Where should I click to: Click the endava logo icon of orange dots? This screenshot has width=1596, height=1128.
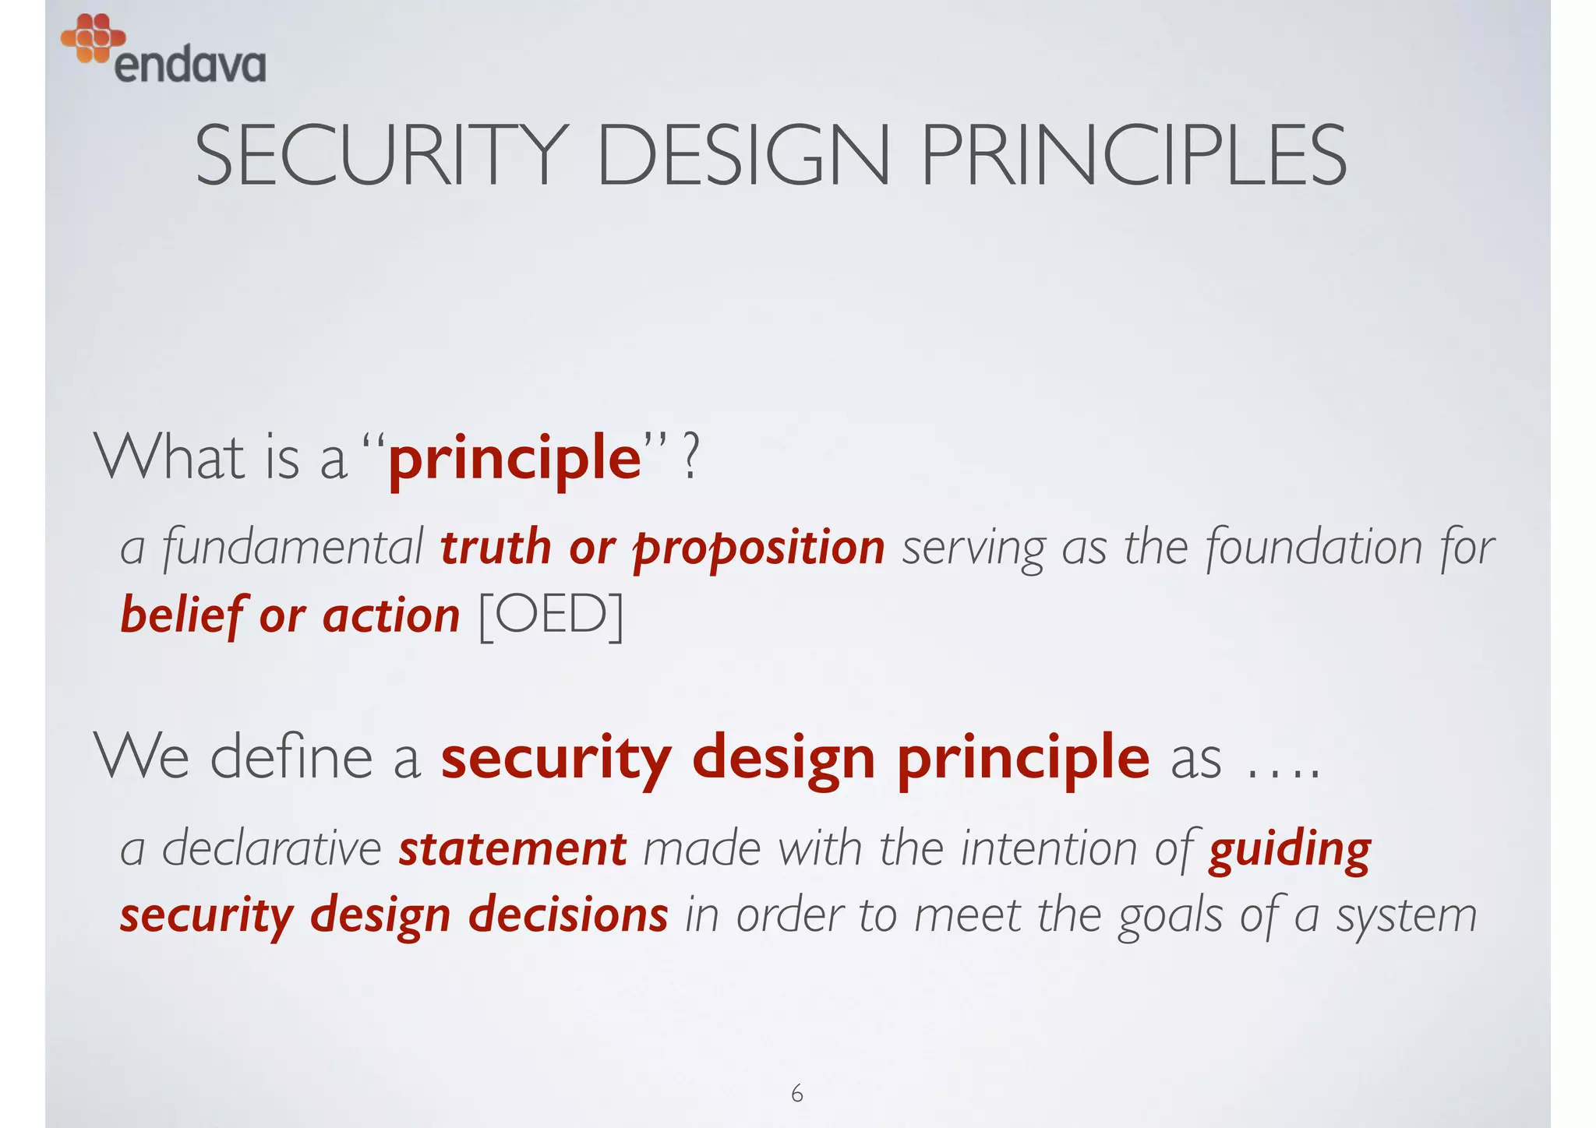[93, 37]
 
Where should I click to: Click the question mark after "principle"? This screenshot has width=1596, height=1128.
[690, 460]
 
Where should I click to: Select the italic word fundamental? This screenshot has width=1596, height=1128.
[293, 547]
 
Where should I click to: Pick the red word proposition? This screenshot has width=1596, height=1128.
[759, 548]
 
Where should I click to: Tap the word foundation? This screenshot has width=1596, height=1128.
[1315, 547]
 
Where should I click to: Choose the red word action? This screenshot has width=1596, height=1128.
[391, 615]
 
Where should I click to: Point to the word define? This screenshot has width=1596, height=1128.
[291, 757]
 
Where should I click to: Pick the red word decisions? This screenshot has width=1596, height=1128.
[568, 915]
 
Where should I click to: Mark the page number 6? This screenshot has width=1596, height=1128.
[796, 1094]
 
